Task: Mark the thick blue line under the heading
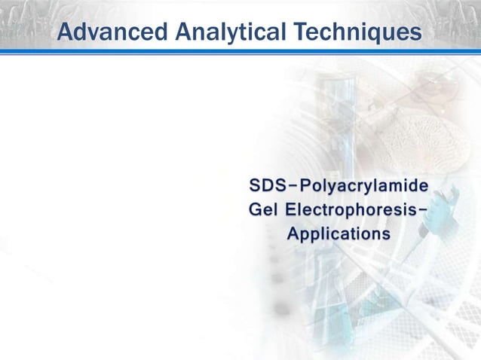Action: [x=240, y=50]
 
